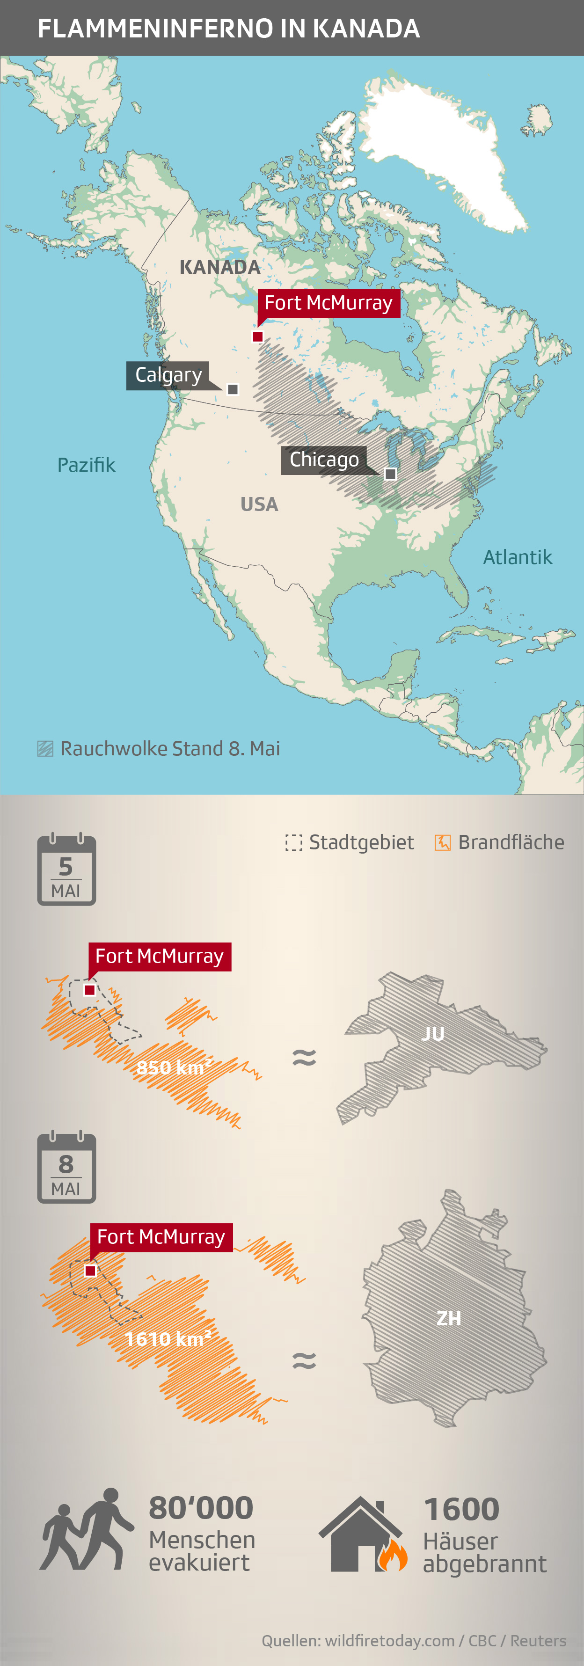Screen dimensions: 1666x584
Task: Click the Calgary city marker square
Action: pos(233,389)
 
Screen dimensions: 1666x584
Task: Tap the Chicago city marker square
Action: pos(391,474)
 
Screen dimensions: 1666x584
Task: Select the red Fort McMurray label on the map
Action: pos(328,303)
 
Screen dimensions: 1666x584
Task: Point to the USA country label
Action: pos(259,504)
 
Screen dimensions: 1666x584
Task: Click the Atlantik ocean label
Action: pos(518,557)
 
